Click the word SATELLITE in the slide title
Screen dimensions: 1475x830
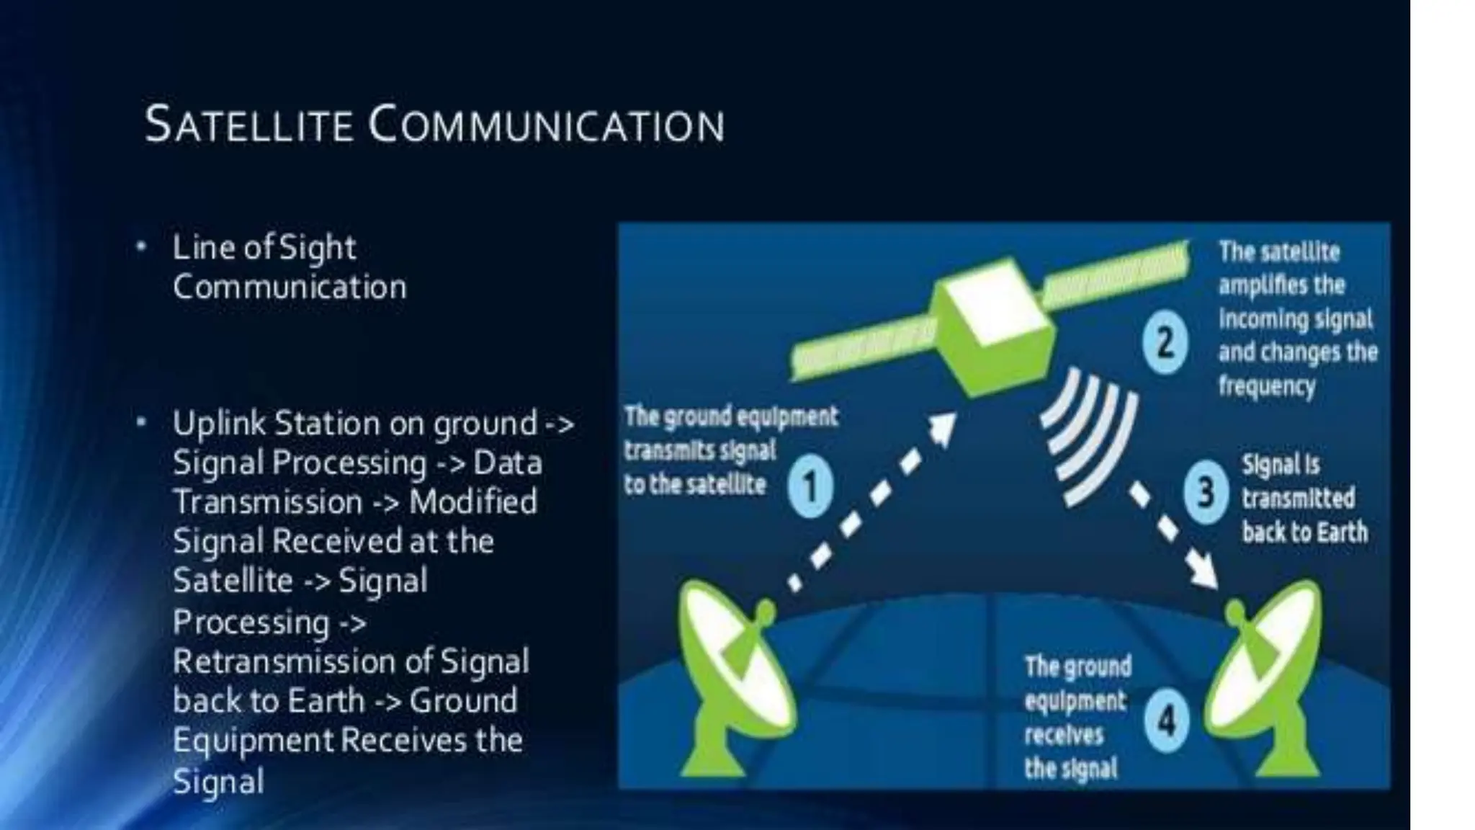(248, 125)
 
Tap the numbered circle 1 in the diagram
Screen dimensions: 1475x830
(810, 486)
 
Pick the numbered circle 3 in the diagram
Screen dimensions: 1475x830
(1206, 494)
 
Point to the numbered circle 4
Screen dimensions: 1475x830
(1165, 720)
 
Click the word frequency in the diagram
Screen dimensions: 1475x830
(1266, 386)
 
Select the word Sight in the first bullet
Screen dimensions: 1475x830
(317, 249)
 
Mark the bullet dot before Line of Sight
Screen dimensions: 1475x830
(142, 247)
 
